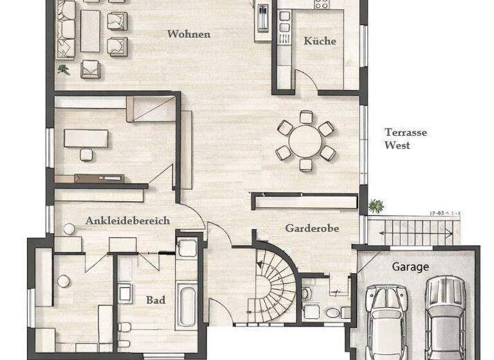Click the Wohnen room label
(188, 34)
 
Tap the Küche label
(320, 41)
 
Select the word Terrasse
(406, 132)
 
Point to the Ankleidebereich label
(127, 221)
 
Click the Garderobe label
(312, 228)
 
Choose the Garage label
(410, 266)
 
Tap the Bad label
(156, 300)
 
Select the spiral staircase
(270, 283)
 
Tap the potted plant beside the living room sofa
(63, 68)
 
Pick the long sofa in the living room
(65, 29)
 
